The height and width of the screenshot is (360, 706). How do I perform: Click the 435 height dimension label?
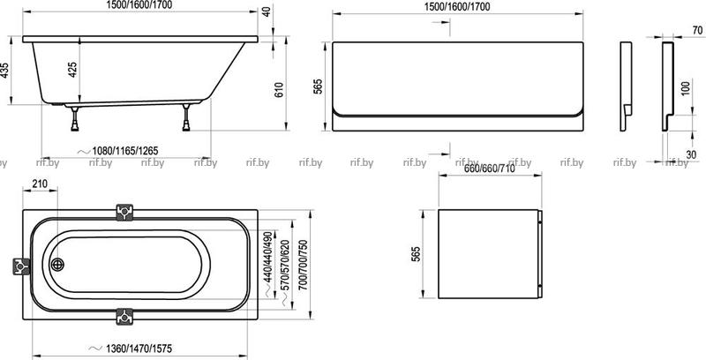click(x=4, y=71)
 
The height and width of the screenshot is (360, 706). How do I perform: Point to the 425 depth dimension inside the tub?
click(x=73, y=70)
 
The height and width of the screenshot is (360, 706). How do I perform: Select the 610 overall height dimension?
click(x=279, y=91)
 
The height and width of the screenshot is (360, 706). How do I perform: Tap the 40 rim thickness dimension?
click(x=267, y=11)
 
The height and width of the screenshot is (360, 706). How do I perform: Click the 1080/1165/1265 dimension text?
click(x=124, y=151)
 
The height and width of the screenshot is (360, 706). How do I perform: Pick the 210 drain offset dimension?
click(x=40, y=184)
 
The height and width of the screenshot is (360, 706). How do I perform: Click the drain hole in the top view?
click(x=57, y=265)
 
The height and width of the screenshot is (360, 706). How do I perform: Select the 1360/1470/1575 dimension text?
click(x=139, y=349)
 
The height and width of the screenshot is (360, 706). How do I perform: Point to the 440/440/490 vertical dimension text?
click(x=268, y=257)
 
